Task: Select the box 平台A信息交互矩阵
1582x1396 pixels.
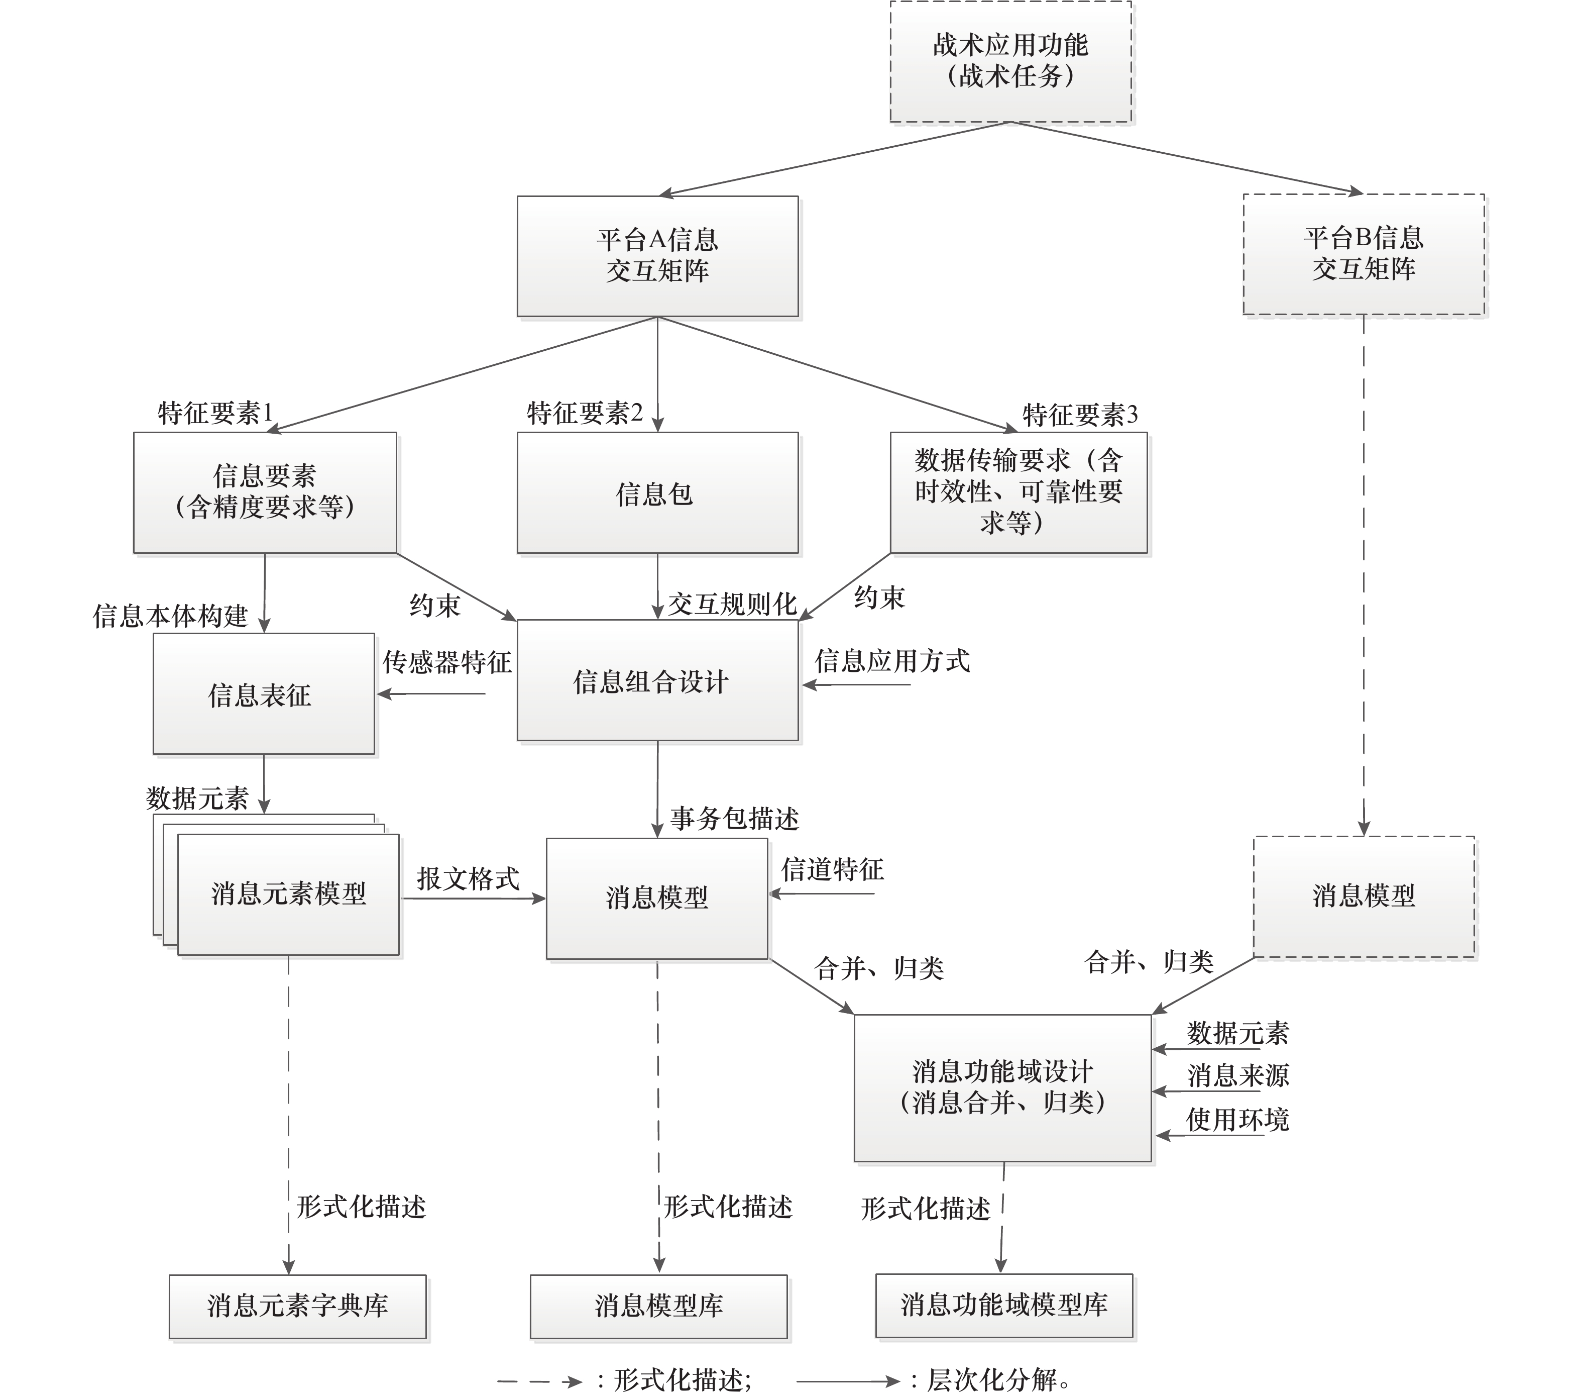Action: [x=657, y=255]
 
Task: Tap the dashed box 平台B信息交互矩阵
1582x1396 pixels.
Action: [x=1363, y=254]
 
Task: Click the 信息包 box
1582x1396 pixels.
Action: [x=657, y=492]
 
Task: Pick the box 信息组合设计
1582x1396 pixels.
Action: [x=657, y=680]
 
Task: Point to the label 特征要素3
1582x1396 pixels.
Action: [x=1080, y=415]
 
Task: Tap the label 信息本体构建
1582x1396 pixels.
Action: [x=170, y=616]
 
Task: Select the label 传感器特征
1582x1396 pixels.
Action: [x=446, y=662]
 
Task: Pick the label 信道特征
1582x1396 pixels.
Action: [x=832, y=869]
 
